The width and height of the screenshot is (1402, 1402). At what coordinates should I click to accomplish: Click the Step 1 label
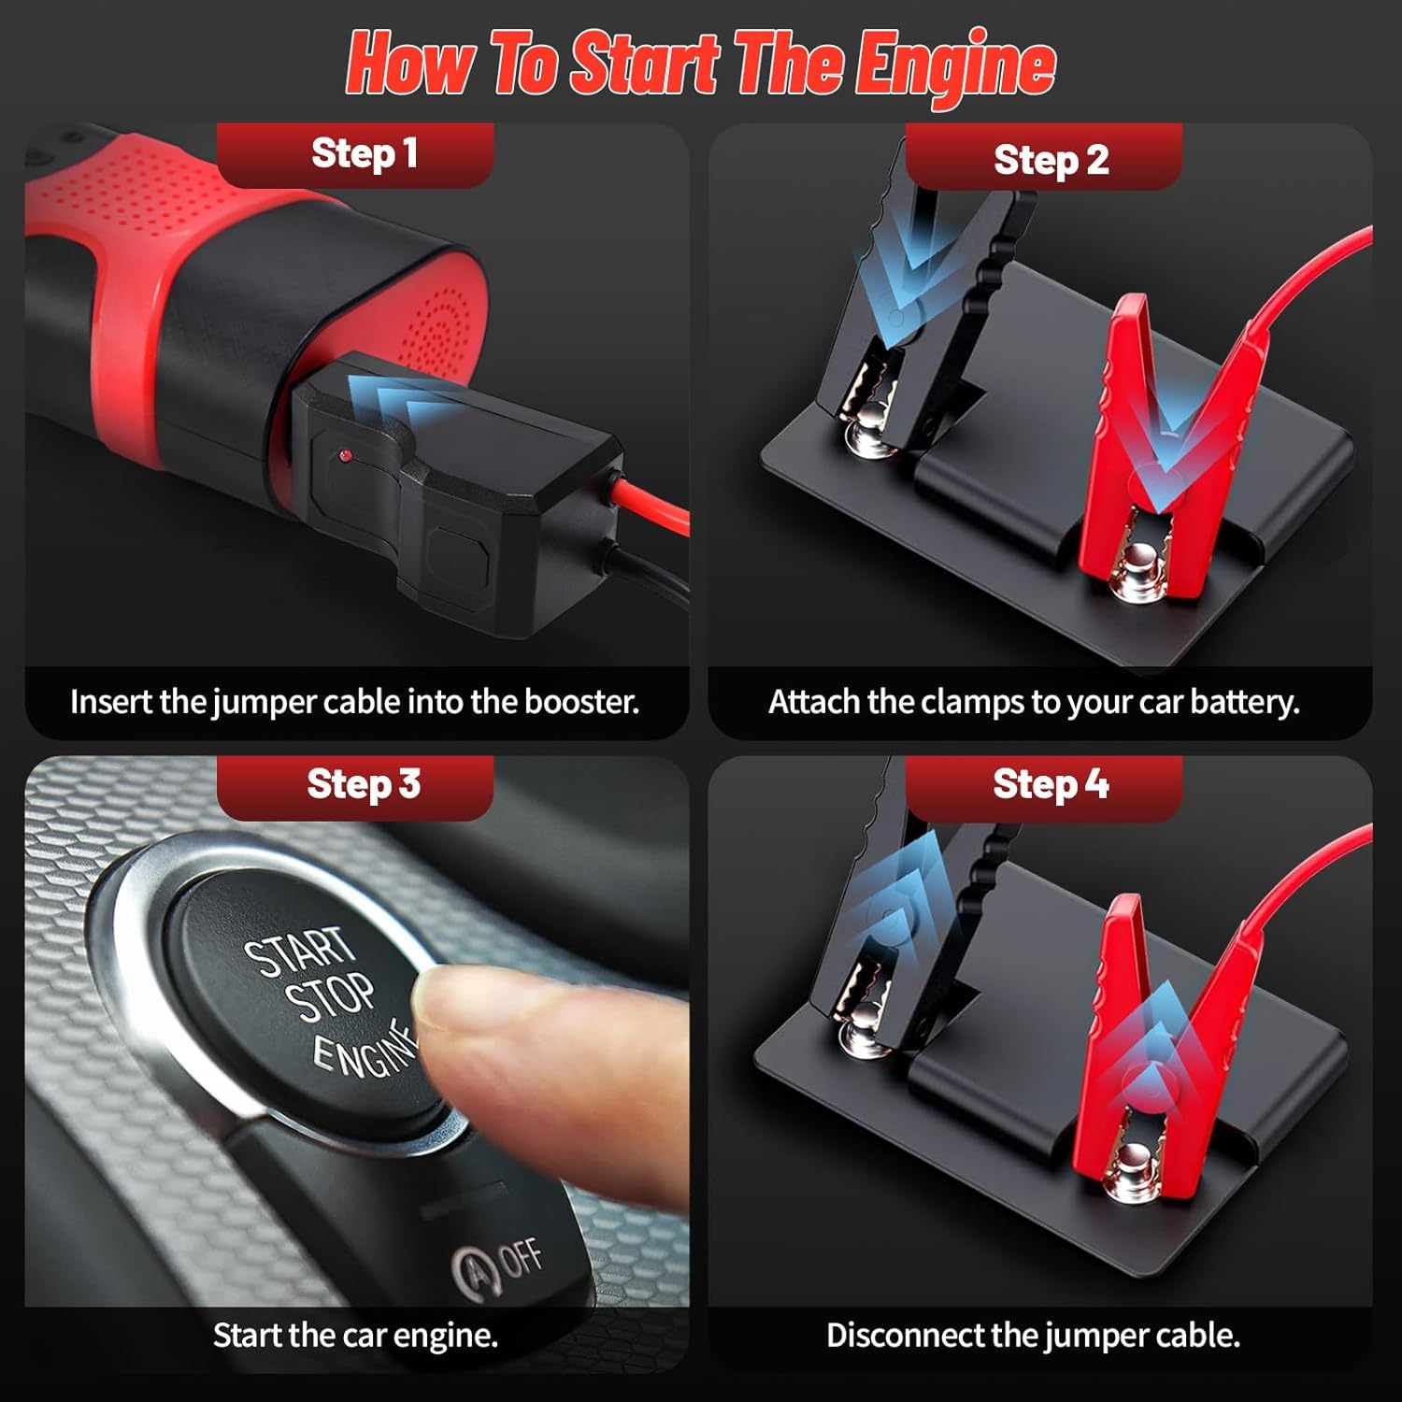pos(364,154)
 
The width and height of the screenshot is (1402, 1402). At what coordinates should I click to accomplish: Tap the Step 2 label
pos(1051,160)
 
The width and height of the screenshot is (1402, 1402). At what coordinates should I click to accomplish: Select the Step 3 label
pos(364,784)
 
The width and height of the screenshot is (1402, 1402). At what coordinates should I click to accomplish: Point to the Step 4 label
pos(1051,784)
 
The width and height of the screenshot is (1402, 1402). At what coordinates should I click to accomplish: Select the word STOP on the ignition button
pos(331,996)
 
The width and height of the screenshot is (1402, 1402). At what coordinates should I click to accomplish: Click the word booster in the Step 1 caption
pos(581,701)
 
